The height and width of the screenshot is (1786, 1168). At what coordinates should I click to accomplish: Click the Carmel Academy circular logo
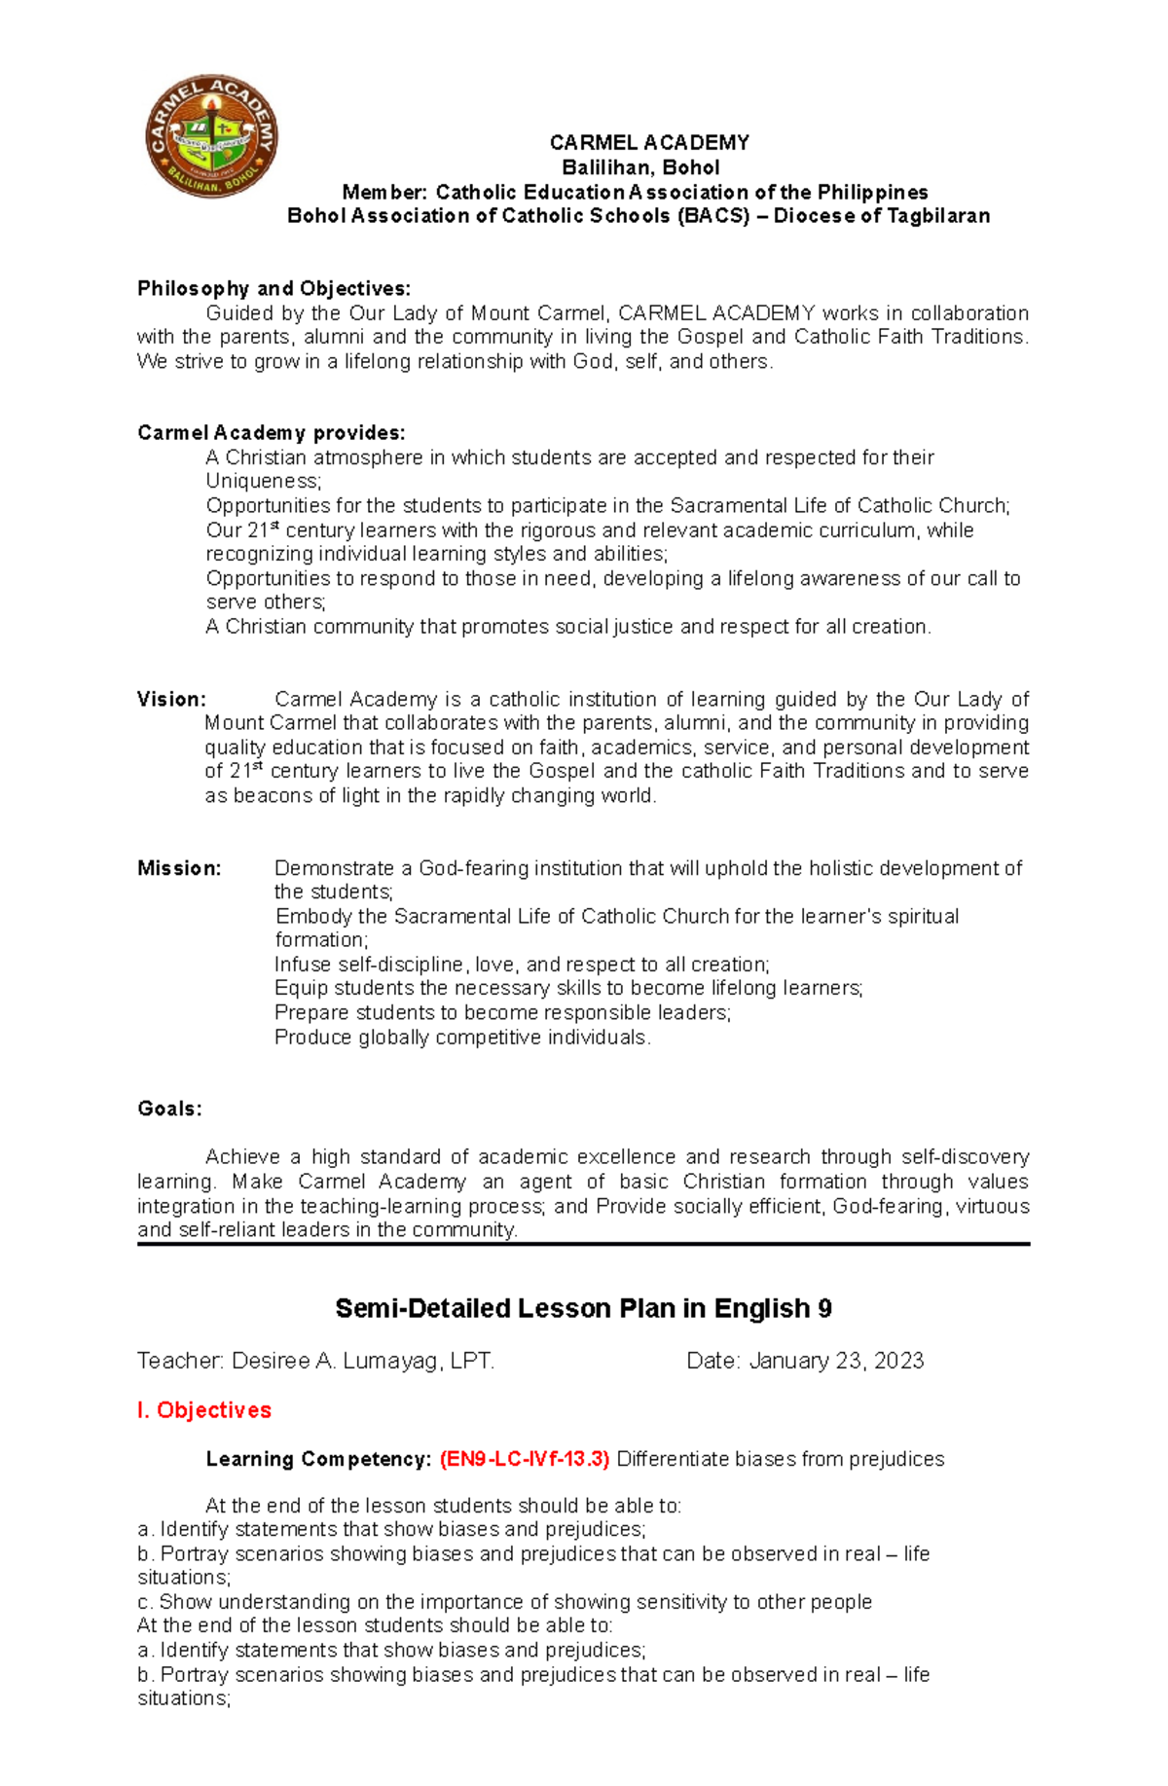tap(211, 136)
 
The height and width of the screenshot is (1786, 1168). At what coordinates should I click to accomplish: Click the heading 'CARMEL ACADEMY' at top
tap(649, 143)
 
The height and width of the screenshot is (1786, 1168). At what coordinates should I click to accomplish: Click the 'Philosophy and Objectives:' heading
tap(274, 288)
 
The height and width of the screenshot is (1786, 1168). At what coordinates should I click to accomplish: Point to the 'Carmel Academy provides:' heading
tap(271, 433)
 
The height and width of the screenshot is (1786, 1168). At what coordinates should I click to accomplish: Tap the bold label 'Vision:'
tap(171, 699)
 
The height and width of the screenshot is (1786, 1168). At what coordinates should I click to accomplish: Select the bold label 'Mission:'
tap(179, 868)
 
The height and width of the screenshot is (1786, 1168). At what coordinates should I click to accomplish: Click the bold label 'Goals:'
tap(169, 1109)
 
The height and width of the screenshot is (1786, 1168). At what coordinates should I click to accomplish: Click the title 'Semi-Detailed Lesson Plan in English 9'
tap(583, 1308)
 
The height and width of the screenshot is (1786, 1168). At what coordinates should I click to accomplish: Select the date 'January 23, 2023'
tap(836, 1361)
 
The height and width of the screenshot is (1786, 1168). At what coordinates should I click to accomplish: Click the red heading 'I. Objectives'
tap(204, 1410)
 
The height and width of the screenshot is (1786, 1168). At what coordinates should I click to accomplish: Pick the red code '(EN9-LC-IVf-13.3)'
tap(525, 1459)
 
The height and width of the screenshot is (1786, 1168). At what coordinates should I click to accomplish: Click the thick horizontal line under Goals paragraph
tap(583, 1244)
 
